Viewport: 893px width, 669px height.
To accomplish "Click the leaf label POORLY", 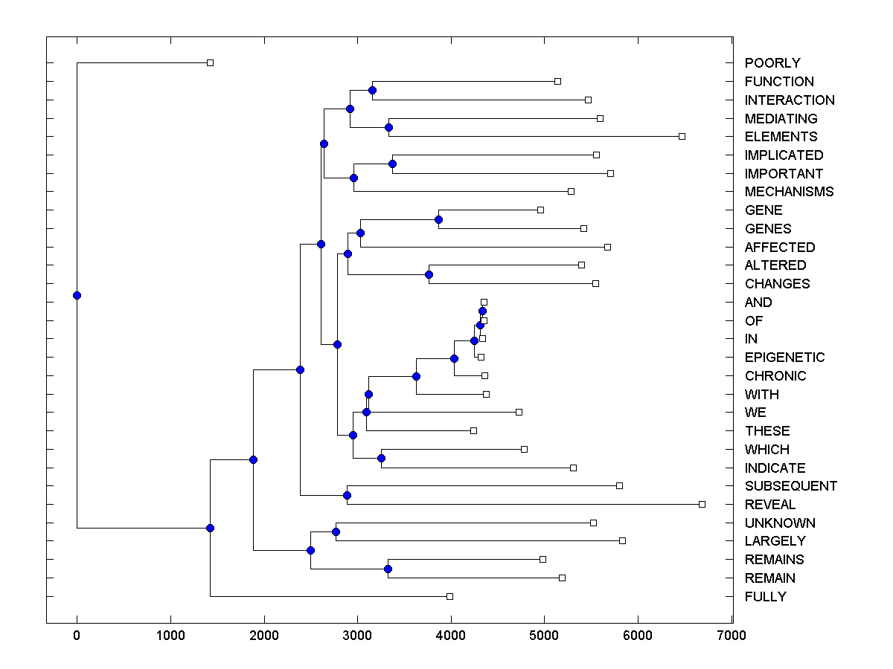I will pyautogui.click(x=772, y=63).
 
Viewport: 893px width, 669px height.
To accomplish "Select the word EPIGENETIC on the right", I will pyautogui.click(x=784, y=358).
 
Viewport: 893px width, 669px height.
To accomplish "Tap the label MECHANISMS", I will pyautogui.click(x=789, y=192).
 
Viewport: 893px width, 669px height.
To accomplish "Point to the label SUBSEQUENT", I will pyautogui.click(x=790, y=486).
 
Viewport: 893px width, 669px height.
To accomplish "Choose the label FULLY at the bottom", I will pyautogui.click(x=765, y=597).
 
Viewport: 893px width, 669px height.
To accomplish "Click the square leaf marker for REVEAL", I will pyautogui.click(x=702, y=504).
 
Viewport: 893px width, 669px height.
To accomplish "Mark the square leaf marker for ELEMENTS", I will pyautogui.click(x=682, y=136).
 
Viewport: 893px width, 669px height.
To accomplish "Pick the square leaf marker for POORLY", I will pyautogui.click(x=210, y=62).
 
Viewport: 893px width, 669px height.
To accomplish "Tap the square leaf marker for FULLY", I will pyautogui.click(x=449, y=596).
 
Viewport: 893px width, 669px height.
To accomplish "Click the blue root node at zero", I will pyautogui.click(x=77, y=295).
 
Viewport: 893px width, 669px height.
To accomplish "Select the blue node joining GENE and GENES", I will pyautogui.click(x=438, y=219).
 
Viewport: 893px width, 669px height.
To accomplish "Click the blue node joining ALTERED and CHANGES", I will pyautogui.click(x=429, y=274).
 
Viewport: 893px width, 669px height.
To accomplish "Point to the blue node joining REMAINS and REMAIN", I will pyautogui.click(x=388, y=569).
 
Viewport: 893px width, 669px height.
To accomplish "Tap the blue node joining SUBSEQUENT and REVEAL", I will pyautogui.click(x=347, y=495).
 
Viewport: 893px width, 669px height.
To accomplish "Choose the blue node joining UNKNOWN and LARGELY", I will pyautogui.click(x=336, y=531).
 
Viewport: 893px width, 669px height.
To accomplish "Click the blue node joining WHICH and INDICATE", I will pyautogui.click(x=381, y=458).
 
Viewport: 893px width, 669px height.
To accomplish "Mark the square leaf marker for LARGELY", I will pyautogui.click(x=622, y=540).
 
